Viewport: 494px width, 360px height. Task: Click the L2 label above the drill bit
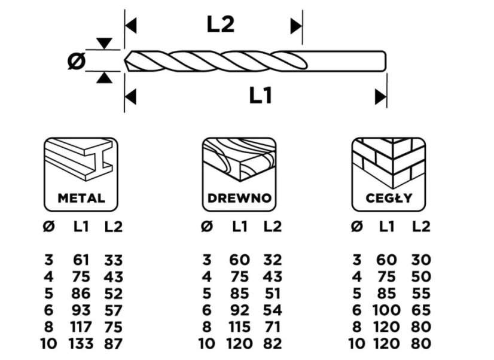221,25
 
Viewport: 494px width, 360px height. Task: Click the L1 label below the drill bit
260,96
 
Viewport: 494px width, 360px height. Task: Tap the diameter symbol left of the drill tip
77,61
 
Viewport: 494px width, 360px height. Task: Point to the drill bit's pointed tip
126,61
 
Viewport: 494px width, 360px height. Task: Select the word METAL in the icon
81,198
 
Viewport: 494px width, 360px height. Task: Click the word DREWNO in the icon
239,198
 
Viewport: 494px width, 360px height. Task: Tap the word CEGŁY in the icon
389,198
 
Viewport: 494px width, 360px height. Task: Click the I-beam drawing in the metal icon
80,160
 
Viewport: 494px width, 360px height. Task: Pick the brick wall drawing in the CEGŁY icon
389,163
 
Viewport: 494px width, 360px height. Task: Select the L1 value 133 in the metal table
81,343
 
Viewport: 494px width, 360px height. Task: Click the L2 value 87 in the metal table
114,343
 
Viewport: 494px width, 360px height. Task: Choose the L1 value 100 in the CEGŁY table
386,310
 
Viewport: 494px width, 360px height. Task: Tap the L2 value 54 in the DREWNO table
273,310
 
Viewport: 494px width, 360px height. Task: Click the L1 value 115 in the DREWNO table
239,327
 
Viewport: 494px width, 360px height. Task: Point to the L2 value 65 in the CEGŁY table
421,310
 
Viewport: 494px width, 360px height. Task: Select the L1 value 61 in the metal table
81,260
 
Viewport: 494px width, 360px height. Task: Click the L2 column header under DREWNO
273,226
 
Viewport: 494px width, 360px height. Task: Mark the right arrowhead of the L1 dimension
380,97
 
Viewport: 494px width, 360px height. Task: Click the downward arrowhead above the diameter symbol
104,44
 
